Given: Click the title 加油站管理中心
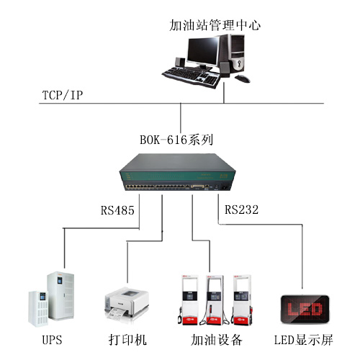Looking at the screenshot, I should pos(214,25).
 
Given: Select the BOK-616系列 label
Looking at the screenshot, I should pos(177,137).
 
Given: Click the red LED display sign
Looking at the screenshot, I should pos(303,310).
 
